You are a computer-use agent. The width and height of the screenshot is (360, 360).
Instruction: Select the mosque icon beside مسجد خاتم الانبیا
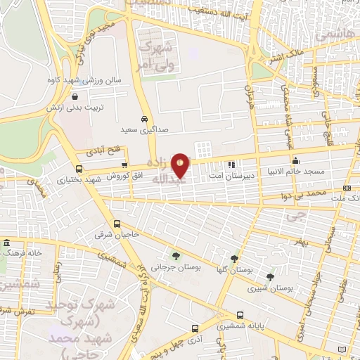click(x=297, y=160)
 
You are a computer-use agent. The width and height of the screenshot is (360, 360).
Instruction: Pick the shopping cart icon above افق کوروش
click(x=124, y=163)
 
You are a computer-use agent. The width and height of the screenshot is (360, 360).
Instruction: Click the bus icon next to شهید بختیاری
click(x=79, y=169)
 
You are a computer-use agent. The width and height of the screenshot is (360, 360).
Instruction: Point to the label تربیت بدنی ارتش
click(x=75, y=107)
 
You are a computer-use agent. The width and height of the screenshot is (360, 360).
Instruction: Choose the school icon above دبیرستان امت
click(x=231, y=165)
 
